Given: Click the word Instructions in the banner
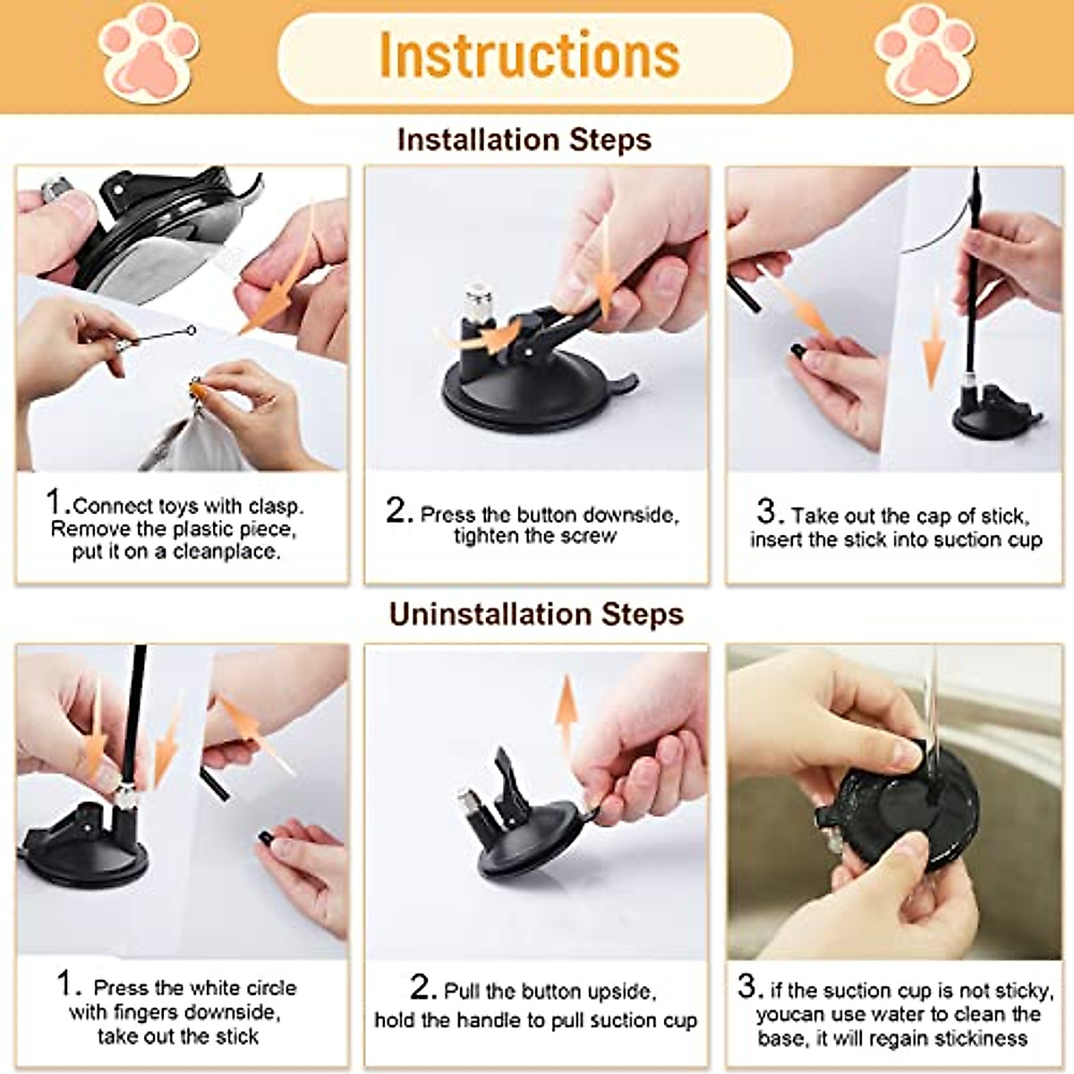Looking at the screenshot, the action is click(x=529, y=55).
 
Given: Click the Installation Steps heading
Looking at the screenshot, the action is click(x=524, y=140).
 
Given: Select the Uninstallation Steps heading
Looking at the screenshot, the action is click(x=536, y=614).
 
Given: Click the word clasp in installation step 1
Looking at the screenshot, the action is click(x=276, y=506).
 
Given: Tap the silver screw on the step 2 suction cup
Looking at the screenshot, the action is click(x=479, y=302).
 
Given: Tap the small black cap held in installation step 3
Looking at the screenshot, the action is click(x=797, y=350).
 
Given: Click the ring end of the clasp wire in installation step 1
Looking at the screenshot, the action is click(x=192, y=330).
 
